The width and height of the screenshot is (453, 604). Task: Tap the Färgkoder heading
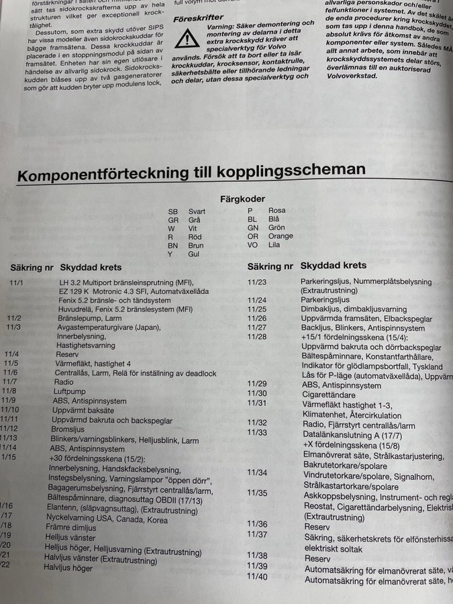[x=242, y=199]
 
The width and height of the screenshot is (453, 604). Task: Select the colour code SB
[x=173, y=211]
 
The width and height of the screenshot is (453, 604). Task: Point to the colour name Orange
[x=280, y=236]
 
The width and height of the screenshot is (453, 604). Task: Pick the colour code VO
[x=252, y=245]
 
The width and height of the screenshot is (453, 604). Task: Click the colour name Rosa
[x=276, y=210]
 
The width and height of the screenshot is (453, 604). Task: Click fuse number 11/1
[x=16, y=283]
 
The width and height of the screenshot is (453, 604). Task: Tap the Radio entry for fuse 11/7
[x=64, y=381]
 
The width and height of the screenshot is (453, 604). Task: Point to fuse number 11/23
[x=257, y=282]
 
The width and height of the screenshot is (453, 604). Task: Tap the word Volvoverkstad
[x=348, y=75]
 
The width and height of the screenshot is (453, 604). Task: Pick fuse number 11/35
[x=257, y=493]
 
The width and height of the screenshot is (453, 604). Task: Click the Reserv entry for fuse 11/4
[x=66, y=353]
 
